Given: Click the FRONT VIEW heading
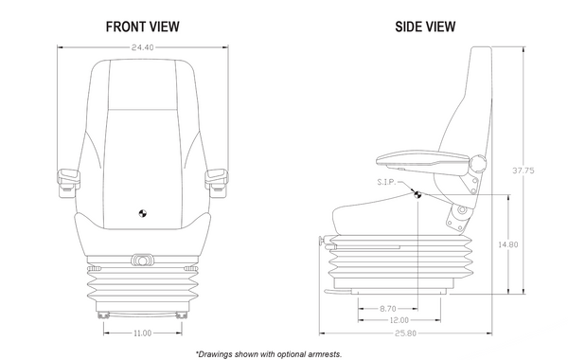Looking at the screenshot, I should point(142,27).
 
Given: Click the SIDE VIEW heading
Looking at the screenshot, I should point(425,27).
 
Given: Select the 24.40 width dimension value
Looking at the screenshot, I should point(142,45).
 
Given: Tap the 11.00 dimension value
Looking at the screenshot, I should point(142,333).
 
